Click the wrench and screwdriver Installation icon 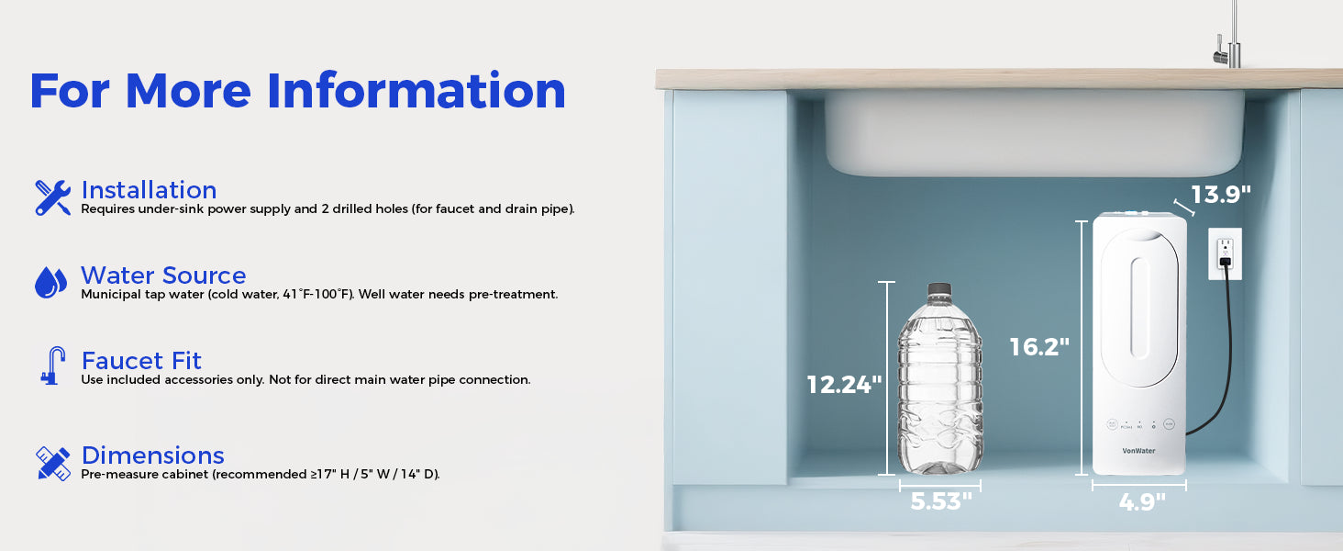click(x=53, y=197)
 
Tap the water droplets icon click(x=51, y=282)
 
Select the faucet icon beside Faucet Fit click(x=53, y=365)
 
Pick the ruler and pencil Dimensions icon click(x=53, y=464)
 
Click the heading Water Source click(x=163, y=275)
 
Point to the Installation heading click(x=149, y=190)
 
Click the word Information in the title click(x=416, y=91)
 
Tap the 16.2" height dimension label click(x=1039, y=347)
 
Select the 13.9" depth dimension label click(x=1221, y=195)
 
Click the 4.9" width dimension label click(x=1141, y=501)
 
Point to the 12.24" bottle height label click(x=844, y=385)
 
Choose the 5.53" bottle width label click(x=940, y=501)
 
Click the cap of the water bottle click(x=939, y=289)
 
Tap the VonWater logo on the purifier click(x=1138, y=451)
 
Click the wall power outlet click(x=1225, y=253)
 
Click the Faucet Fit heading click(x=141, y=361)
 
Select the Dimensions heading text click(x=153, y=455)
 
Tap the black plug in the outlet click(x=1225, y=263)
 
